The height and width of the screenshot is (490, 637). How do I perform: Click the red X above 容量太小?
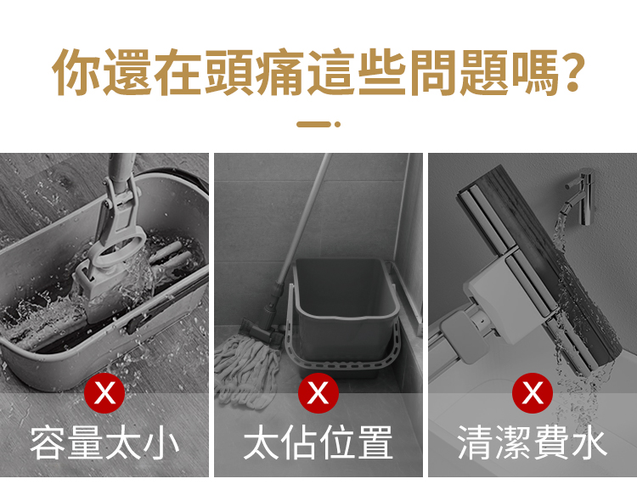(104, 393)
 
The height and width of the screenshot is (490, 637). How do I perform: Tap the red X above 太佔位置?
(318, 393)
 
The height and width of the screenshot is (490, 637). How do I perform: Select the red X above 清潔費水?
(533, 393)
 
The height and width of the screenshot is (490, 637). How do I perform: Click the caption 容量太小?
(104, 442)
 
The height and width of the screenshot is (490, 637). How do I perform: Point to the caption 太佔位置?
(318, 442)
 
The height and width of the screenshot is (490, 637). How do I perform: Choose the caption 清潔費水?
(533, 442)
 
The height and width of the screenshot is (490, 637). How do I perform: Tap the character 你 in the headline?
(77, 72)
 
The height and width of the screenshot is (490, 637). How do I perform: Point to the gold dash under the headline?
(313, 124)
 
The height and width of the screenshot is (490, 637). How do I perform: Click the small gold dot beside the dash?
(337, 124)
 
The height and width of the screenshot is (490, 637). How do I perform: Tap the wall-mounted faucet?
(579, 195)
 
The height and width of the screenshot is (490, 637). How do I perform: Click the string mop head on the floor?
(247, 369)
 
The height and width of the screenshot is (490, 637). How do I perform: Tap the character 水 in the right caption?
(589, 442)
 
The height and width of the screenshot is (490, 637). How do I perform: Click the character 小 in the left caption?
(161, 442)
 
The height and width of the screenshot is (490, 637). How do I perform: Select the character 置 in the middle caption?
(375, 442)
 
